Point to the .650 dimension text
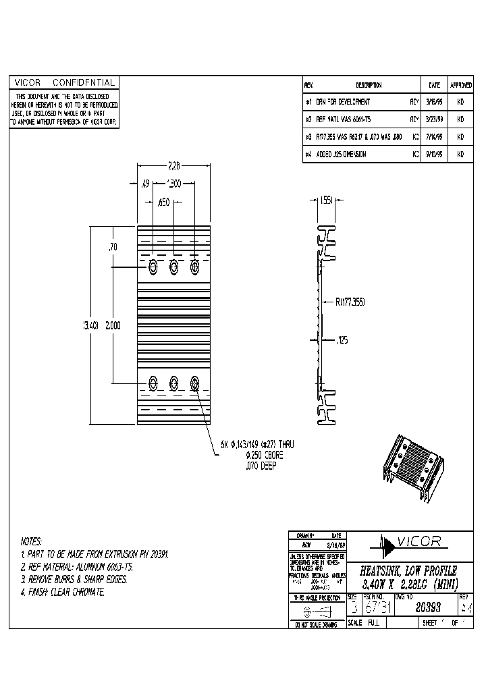click(163, 202)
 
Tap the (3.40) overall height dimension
click(90, 325)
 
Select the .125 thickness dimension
click(342, 341)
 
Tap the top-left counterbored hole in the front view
click(153, 267)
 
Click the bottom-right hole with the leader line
click(195, 384)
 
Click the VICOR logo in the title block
click(409, 541)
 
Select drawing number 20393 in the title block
click(422, 606)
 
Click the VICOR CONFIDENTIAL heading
click(63, 82)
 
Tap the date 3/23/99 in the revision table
click(434, 119)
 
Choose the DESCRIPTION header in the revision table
click(369, 86)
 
